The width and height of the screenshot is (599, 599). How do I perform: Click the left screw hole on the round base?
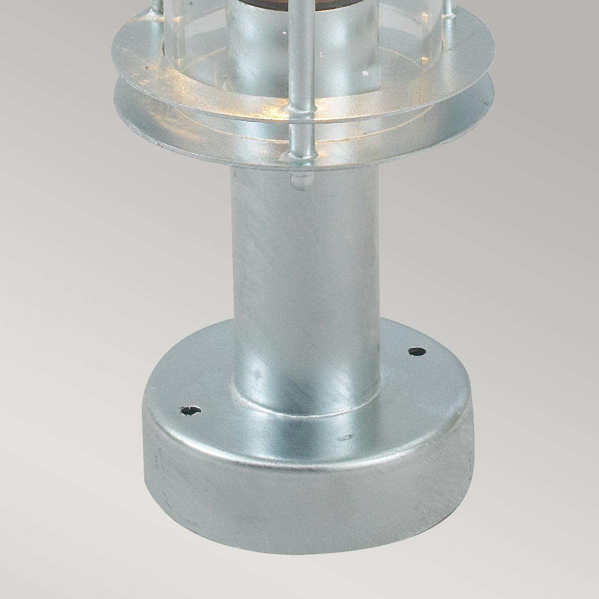[190, 410]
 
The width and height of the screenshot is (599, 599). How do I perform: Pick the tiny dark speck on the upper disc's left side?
[147, 65]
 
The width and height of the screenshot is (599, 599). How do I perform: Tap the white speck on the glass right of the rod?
[366, 73]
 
